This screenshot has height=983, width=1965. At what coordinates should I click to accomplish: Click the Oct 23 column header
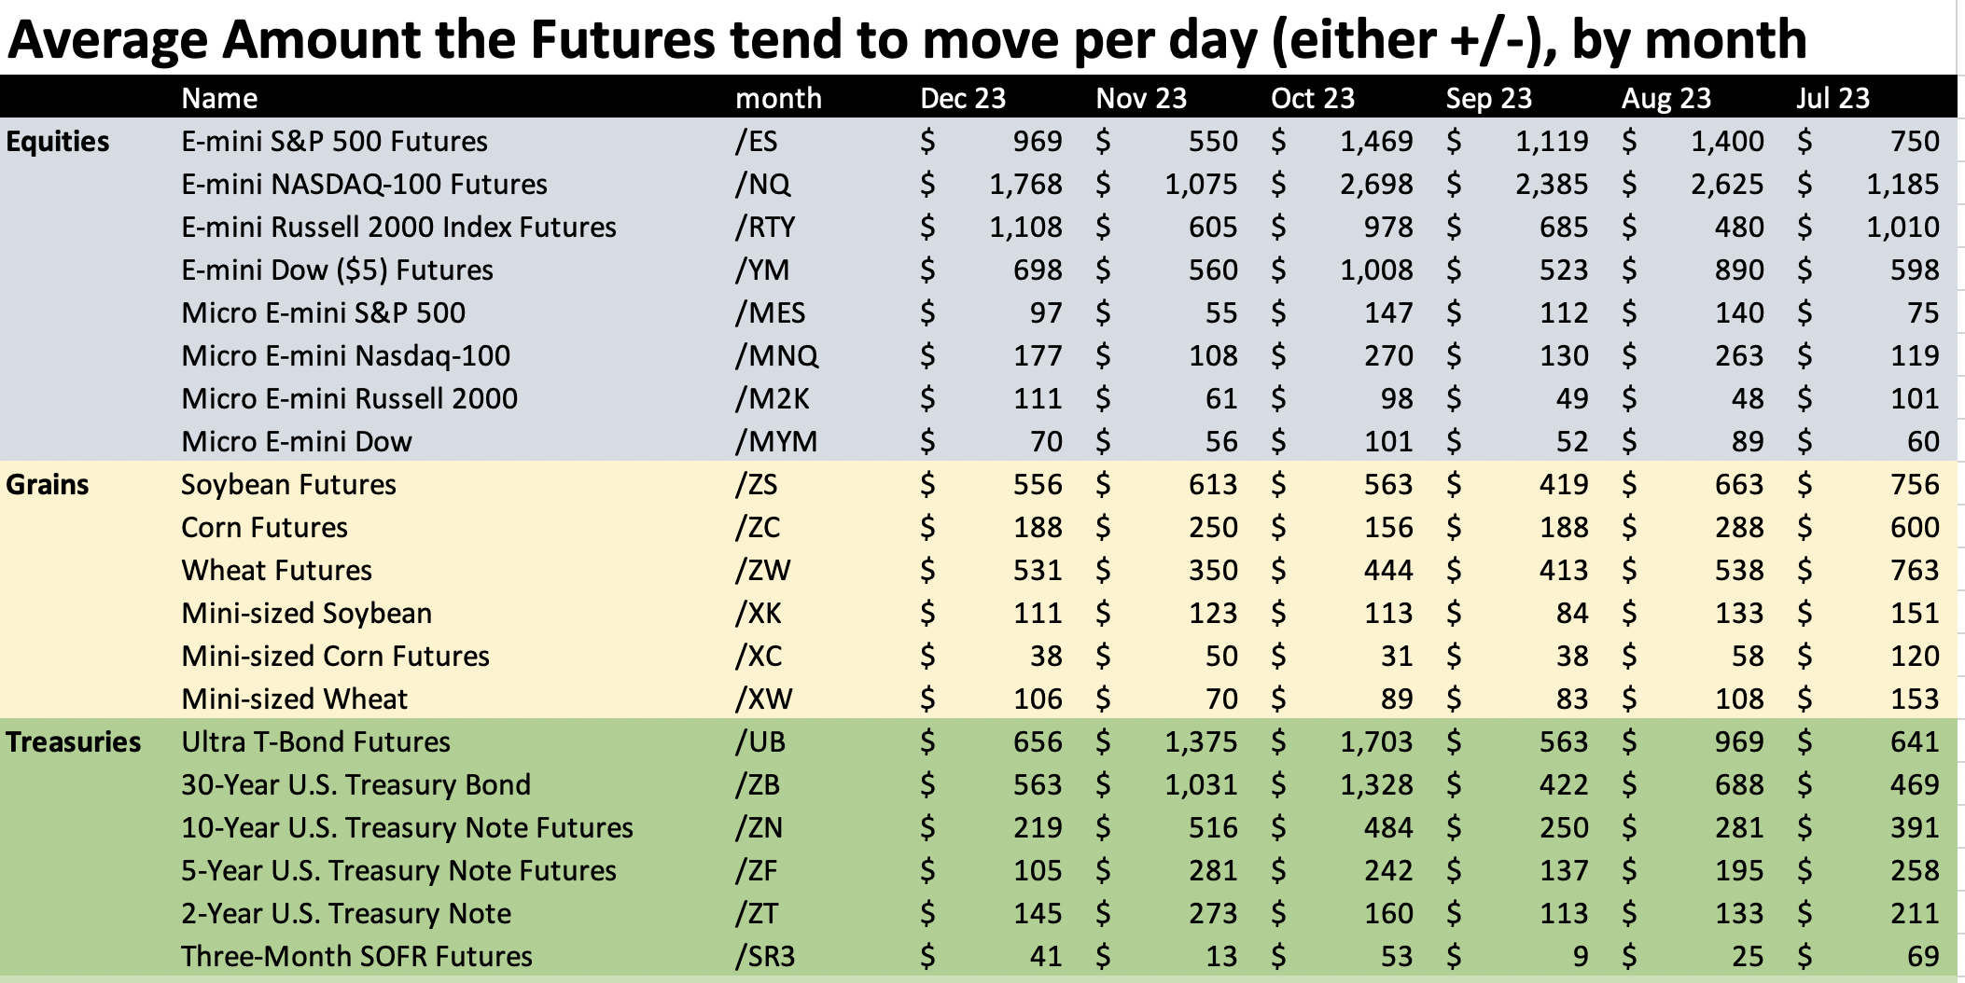1312,98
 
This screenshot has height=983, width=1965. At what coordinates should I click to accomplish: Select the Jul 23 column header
1833,98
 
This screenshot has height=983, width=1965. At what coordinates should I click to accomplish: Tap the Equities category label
58,142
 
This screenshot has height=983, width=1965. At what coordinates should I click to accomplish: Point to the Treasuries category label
74,742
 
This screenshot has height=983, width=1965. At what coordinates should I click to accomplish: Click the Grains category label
48,485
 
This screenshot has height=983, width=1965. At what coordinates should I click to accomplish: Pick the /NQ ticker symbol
762,185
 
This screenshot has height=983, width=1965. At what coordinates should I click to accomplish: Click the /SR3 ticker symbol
765,957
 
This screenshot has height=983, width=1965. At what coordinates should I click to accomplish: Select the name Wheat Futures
276,571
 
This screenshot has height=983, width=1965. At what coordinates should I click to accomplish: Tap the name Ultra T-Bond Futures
315,742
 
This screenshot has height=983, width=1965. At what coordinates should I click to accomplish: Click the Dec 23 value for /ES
1037,142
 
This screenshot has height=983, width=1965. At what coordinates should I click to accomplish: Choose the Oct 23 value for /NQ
1376,185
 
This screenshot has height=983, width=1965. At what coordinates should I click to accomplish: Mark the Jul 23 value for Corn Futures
1915,528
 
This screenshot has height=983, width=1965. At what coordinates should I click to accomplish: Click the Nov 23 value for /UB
1201,742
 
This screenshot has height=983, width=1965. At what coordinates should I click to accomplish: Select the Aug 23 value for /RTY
1739,228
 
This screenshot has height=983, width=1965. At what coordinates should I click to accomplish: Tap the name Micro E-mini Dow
297,442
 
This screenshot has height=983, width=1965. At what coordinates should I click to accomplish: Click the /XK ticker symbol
759,614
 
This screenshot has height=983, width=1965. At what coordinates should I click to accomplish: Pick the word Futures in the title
622,39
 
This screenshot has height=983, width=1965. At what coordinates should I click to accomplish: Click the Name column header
219,98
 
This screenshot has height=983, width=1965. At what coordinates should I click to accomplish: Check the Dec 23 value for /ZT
1038,914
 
